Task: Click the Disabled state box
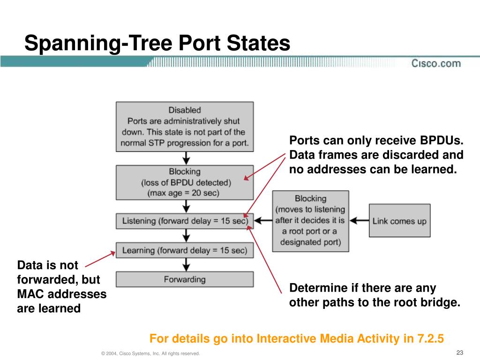185,127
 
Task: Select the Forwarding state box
185,279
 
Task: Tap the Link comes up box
399,220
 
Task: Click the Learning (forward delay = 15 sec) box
185,250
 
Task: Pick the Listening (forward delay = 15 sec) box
185,221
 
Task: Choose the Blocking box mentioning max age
185,182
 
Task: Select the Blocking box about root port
310,221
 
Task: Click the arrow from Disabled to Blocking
186,158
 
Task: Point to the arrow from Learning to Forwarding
186,264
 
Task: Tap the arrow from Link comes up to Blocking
359,220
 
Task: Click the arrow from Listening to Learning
186,236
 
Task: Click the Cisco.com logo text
436,63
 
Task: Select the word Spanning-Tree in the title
99,43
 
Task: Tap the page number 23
459,352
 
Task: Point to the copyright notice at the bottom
150,353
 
